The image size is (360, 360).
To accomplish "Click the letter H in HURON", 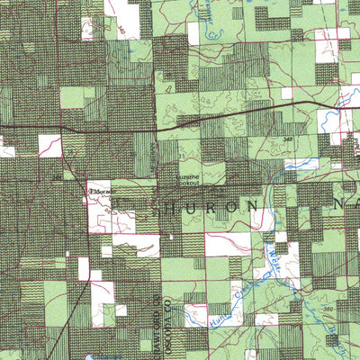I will pos(154,209).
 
